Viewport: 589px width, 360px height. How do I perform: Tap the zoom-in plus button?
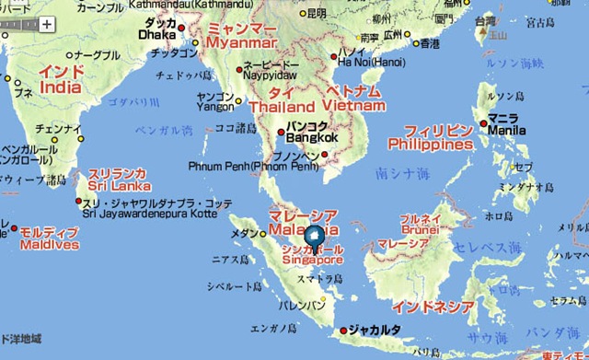[x=46, y=26]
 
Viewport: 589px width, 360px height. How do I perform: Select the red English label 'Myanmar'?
[x=242, y=43]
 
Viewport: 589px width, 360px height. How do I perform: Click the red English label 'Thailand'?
[x=275, y=107]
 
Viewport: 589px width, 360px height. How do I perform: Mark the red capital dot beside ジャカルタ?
[x=343, y=330]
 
